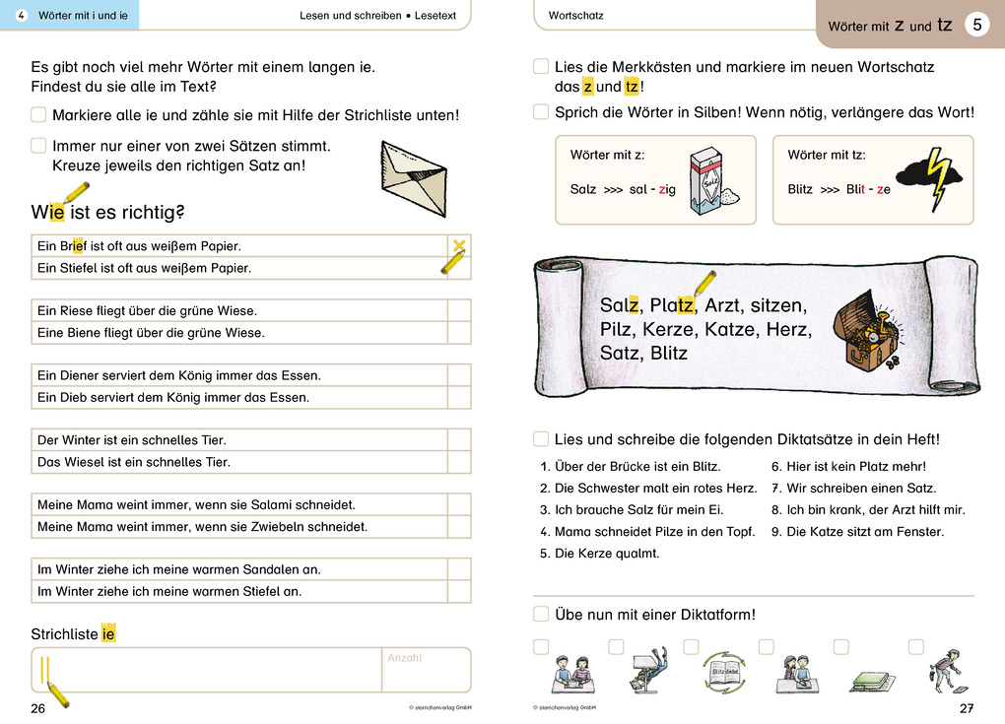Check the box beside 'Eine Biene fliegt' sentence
(x=459, y=333)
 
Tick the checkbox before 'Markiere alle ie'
(x=38, y=114)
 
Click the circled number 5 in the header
(x=976, y=26)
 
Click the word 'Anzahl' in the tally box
(x=404, y=658)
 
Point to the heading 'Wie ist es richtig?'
(x=108, y=212)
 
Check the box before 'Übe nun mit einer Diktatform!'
(x=541, y=614)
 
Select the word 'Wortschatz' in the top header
(x=575, y=16)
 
